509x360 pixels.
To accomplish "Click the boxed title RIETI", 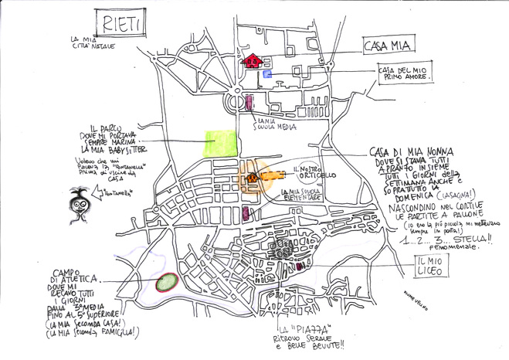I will [x=118, y=24].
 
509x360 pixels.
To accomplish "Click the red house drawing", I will [x=253, y=60].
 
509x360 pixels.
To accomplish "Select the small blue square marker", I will [x=268, y=73].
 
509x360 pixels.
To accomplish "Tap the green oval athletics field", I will [x=166, y=284].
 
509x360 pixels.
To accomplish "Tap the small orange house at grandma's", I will [x=251, y=178].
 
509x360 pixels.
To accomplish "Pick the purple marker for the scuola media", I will [x=250, y=102].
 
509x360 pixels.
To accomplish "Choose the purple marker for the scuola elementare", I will [x=246, y=213].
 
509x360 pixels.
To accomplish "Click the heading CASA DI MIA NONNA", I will [x=411, y=151].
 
